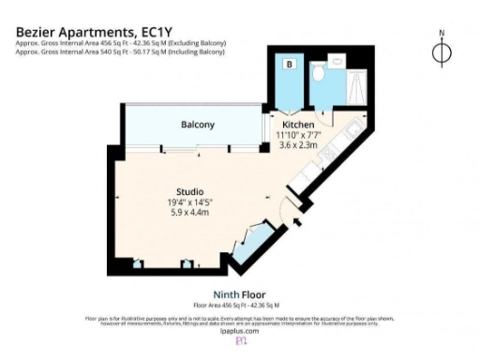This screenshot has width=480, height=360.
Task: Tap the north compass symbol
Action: click(442, 51)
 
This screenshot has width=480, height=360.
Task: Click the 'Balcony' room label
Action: click(198, 125)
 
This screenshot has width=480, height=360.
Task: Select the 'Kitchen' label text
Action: click(297, 125)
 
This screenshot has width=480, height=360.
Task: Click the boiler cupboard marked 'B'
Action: click(290, 65)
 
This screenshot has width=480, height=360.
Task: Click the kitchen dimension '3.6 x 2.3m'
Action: click(297, 144)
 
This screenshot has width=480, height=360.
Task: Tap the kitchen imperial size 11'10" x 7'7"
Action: click(297, 135)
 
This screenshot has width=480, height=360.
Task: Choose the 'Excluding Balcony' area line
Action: click(120, 43)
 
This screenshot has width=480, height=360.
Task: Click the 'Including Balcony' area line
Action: click(120, 52)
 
